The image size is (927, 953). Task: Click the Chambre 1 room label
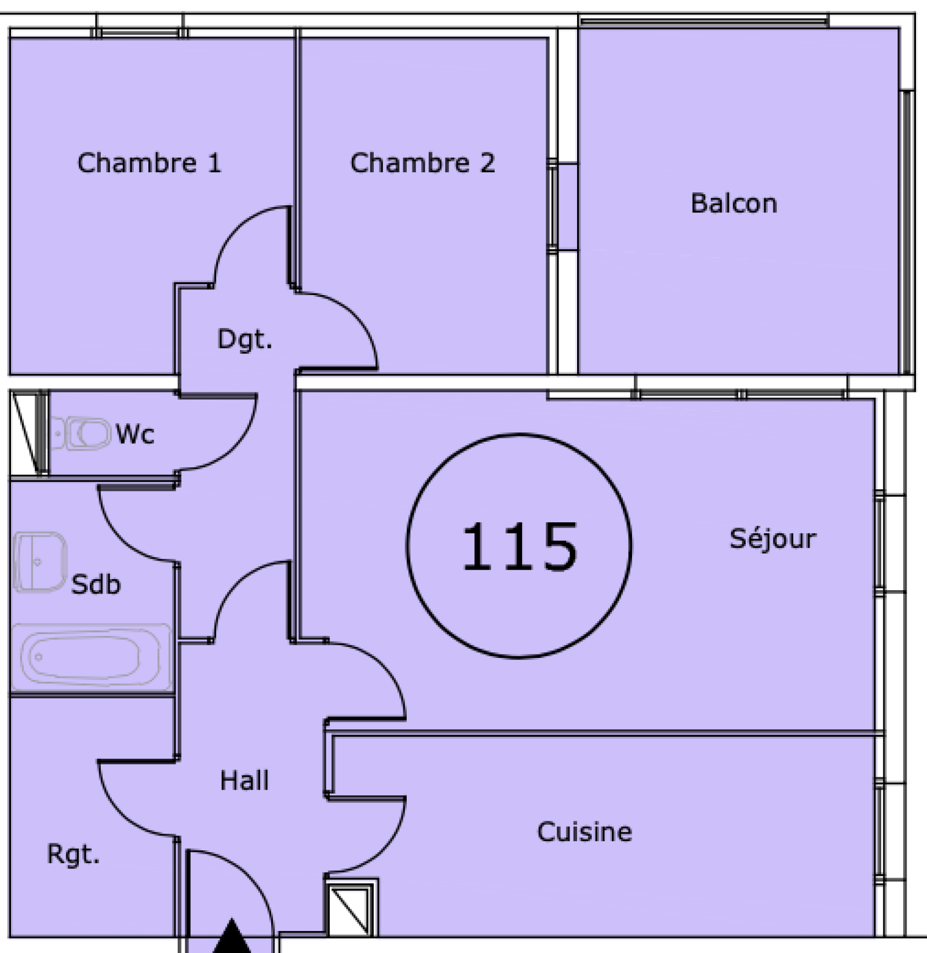149,163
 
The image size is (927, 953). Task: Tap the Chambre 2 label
423,163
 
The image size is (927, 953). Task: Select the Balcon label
734,203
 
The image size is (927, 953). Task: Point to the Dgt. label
244,340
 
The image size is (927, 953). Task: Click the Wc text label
135,434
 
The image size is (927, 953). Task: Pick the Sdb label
96,584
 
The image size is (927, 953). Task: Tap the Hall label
244,780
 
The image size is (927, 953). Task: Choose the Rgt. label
74,854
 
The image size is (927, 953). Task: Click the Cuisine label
585,832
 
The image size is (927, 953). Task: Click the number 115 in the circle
520,546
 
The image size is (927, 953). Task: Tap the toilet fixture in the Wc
81,433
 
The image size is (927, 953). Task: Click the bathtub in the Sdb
92,657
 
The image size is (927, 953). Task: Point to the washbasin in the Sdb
39,562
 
